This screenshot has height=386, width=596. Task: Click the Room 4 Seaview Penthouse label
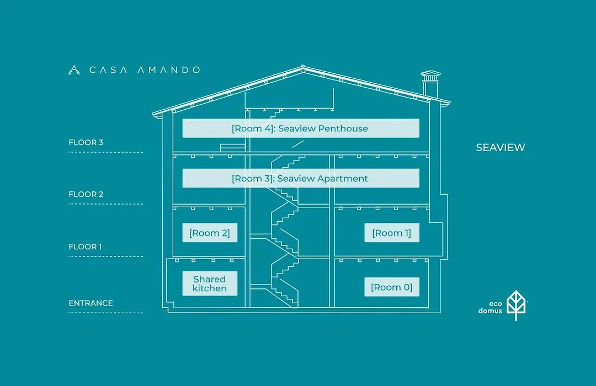click(301, 128)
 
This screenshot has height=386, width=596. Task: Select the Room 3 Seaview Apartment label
click(301, 178)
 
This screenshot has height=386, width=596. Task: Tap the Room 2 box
click(210, 233)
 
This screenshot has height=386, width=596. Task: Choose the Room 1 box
click(392, 233)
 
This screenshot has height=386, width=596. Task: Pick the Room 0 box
click(392, 287)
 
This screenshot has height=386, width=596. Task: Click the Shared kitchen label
click(210, 283)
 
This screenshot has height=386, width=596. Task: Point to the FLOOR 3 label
click(86, 142)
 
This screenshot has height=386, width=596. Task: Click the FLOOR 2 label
click(86, 194)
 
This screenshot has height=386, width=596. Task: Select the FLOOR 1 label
click(85, 246)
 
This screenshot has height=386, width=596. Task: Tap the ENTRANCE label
click(91, 303)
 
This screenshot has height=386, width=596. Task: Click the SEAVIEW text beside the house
click(501, 147)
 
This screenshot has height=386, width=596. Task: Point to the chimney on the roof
click(430, 84)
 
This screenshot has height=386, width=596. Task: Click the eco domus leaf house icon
click(516, 305)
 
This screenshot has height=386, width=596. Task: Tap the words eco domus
click(490, 307)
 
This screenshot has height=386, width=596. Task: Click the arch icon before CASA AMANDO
click(74, 70)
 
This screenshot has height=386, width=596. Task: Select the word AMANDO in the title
click(168, 70)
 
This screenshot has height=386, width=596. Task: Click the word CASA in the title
click(108, 70)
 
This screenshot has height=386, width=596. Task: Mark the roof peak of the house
click(302, 67)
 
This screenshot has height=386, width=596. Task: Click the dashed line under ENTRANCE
click(105, 313)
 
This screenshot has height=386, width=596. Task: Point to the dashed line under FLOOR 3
click(105, 152)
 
